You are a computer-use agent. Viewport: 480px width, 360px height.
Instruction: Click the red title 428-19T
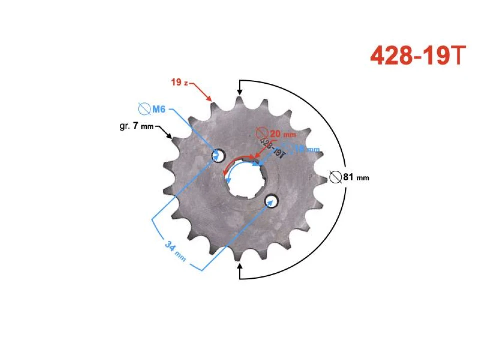pos(418,56)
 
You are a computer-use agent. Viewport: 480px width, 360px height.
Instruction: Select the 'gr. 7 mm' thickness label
pos(137,126)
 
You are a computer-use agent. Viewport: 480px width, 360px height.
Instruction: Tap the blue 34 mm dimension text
pos(176,250)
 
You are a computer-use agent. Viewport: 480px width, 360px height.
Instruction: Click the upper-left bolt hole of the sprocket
pos(217,155)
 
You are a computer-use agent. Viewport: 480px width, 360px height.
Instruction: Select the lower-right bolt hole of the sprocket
pos(271,201)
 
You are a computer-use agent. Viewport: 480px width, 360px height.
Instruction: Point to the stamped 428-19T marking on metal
pos(272,148)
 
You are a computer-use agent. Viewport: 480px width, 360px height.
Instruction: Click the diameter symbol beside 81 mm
pos(336,177)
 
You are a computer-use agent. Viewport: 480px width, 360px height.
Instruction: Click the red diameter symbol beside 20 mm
pos(262,134)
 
